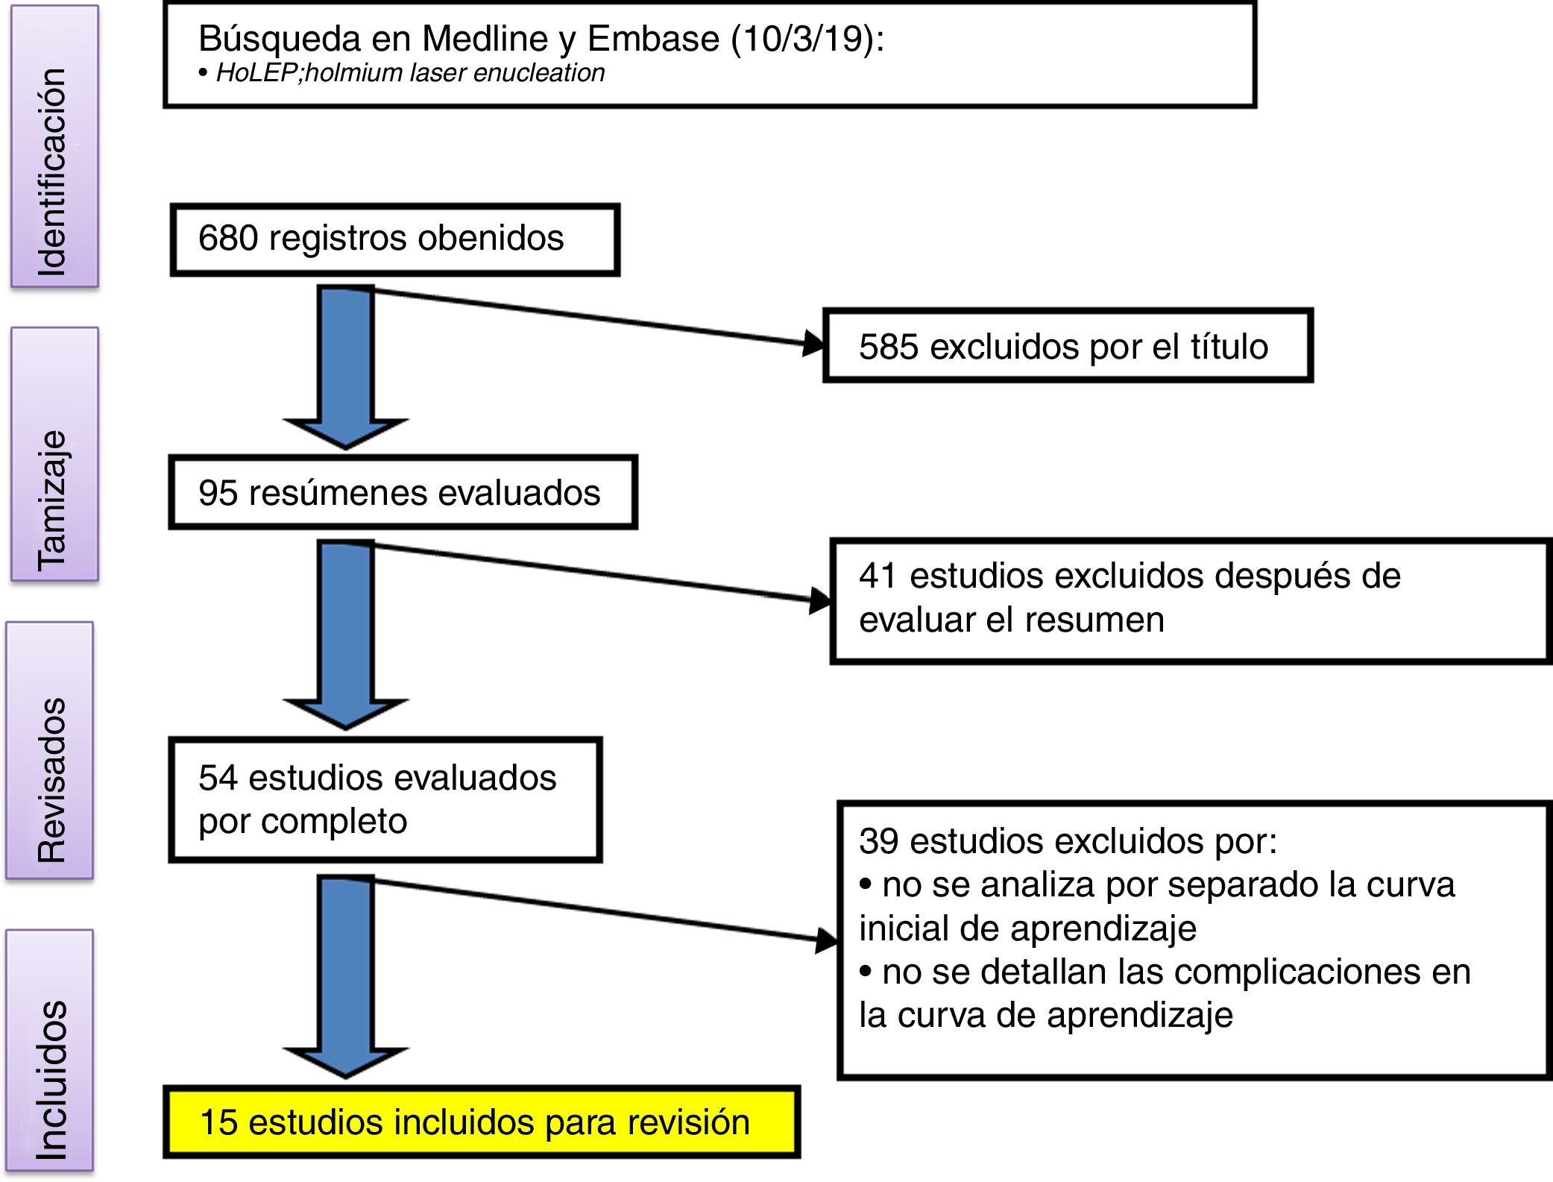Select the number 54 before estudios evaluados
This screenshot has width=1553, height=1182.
[x=218, y=778]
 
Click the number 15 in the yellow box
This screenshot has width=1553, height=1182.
[x=219, y=1122]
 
